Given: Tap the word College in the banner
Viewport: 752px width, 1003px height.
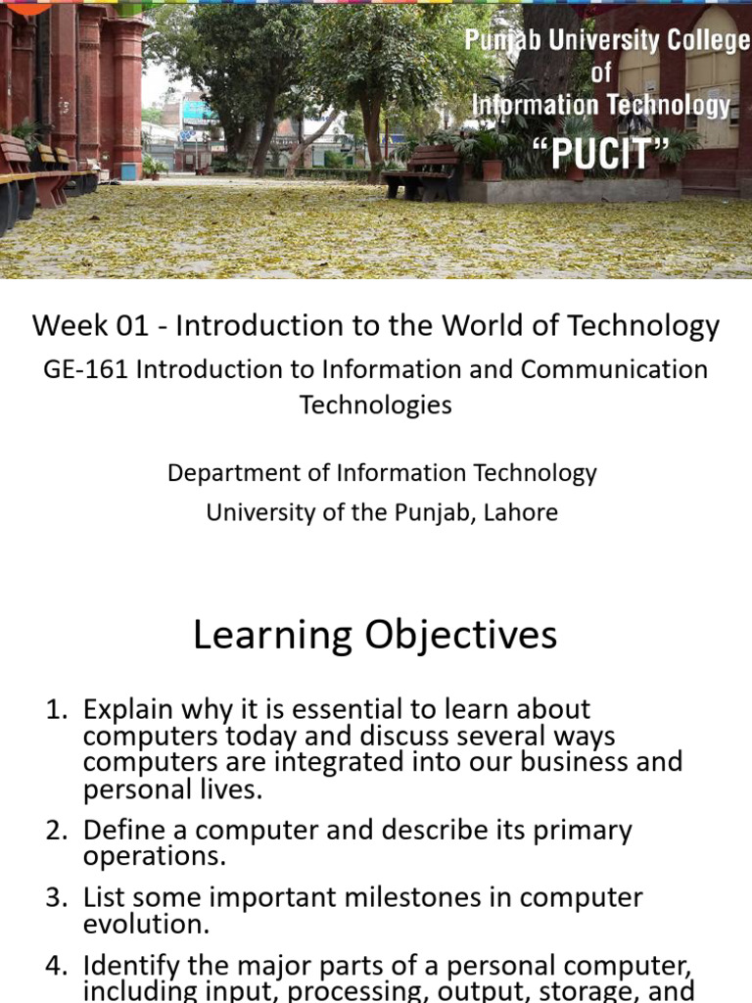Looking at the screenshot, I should pos(692,42).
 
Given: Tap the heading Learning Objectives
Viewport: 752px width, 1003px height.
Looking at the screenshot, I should pos(375,636).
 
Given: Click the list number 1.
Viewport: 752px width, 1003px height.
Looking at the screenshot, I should pos(56,709).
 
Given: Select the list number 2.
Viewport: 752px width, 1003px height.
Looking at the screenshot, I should pos(56,831).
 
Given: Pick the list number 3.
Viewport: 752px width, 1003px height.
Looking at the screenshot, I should pos(56,898).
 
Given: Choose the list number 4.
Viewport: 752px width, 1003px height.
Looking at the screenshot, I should pos(56,966).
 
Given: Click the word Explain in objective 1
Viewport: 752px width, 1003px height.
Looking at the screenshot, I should pos(127,709).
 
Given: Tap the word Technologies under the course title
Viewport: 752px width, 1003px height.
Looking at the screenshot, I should pos(375,405).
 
